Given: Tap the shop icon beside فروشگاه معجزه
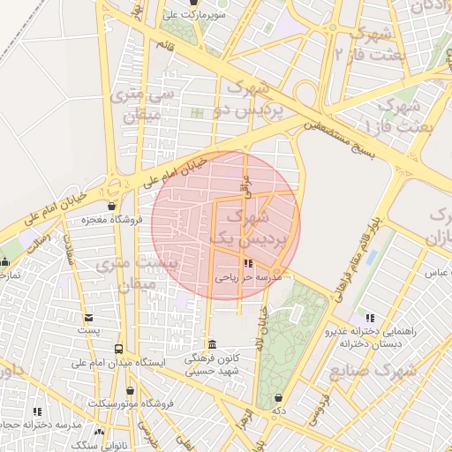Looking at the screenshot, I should click(x=112, y=206).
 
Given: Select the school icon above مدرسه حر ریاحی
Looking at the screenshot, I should click(x=248, y=263).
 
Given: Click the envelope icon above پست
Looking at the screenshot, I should click(x=87, y=318).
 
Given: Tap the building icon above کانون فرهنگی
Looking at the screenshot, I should click(x=210, y=344).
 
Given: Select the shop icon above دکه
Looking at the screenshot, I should click(x=279, y=398).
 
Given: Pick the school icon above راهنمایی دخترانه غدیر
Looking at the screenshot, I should click(x=369, y=318).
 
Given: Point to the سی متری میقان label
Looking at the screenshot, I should click(x=145, y=104).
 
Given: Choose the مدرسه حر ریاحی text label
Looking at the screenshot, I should click(x=249, y=277).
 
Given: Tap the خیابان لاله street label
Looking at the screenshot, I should click(x=264, y=328).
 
